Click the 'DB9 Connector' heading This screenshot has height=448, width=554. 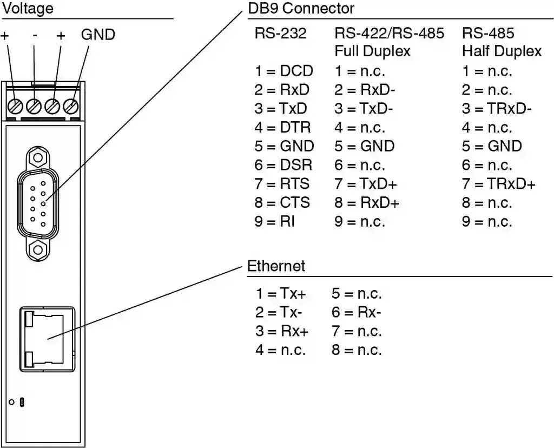click(x=300, y=9)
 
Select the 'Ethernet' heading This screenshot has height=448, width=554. click(x=276, y=266)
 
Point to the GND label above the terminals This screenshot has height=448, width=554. click(x=98, y=35)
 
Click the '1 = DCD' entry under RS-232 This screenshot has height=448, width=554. click(x=283, y=71)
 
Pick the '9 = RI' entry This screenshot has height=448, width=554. click(x=274, y=221)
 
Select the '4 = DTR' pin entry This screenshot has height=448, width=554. click(x=283, y=128)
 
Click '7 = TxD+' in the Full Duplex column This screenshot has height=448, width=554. click(x=366, y=184)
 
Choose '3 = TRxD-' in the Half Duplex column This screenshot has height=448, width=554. click(x=497, y=109)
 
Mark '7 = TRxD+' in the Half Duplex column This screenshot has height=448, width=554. click(x=498, y=184)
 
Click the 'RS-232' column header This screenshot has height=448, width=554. click(x=280, y=34)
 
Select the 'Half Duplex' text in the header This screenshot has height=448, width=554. click(x=502, y=51)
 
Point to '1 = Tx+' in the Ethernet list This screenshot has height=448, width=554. click(x=281, y=294)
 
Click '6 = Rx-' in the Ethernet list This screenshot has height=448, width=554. click(x=357, y=313)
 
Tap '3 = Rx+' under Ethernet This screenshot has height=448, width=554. click(x=282, y=331)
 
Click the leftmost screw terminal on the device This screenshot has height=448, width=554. click(x=16, y=106)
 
